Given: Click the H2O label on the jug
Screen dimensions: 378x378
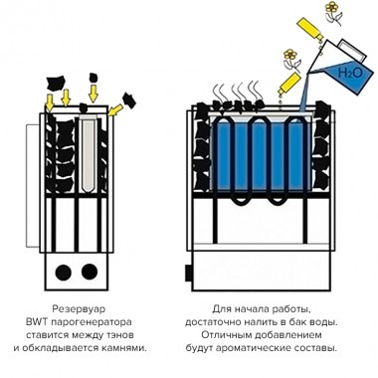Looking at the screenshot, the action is click(350, 73).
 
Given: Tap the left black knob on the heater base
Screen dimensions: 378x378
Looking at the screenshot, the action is click(63, 273).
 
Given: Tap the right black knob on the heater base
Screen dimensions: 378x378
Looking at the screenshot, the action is click(90, 272).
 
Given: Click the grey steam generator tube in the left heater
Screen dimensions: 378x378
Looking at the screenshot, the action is click(89, 153).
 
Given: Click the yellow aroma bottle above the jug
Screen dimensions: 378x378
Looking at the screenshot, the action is click(309, 29).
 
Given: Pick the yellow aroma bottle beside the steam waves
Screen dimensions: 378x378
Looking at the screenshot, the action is click(289, 84).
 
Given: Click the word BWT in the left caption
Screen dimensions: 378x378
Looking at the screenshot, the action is click(35, 322).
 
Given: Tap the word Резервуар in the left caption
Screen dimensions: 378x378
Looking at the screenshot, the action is click(79, 309).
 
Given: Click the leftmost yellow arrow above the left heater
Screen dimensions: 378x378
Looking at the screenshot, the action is click(50, 103).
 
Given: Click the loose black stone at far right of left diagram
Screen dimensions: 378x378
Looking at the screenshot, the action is click(129, 99).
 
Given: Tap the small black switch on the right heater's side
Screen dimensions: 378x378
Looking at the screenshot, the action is click(189, 274).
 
